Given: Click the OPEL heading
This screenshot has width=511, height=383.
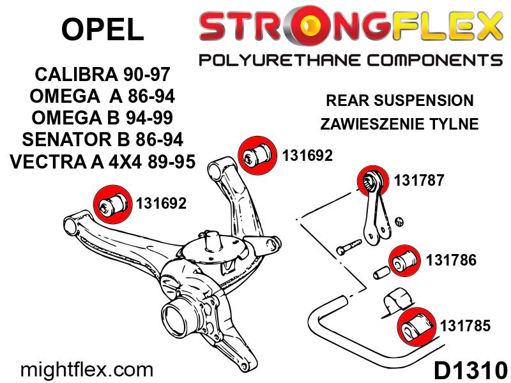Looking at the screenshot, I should [102, 29].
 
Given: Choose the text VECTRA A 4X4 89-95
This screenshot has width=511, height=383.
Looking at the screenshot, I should [102, 161].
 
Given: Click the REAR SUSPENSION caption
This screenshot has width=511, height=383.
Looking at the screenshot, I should [399, 101].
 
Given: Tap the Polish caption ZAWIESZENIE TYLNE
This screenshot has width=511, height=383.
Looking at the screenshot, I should [399, 124].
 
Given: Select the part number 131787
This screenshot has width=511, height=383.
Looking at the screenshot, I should [418, 181].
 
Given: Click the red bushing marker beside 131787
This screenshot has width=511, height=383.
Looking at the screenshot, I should [370, 179].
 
